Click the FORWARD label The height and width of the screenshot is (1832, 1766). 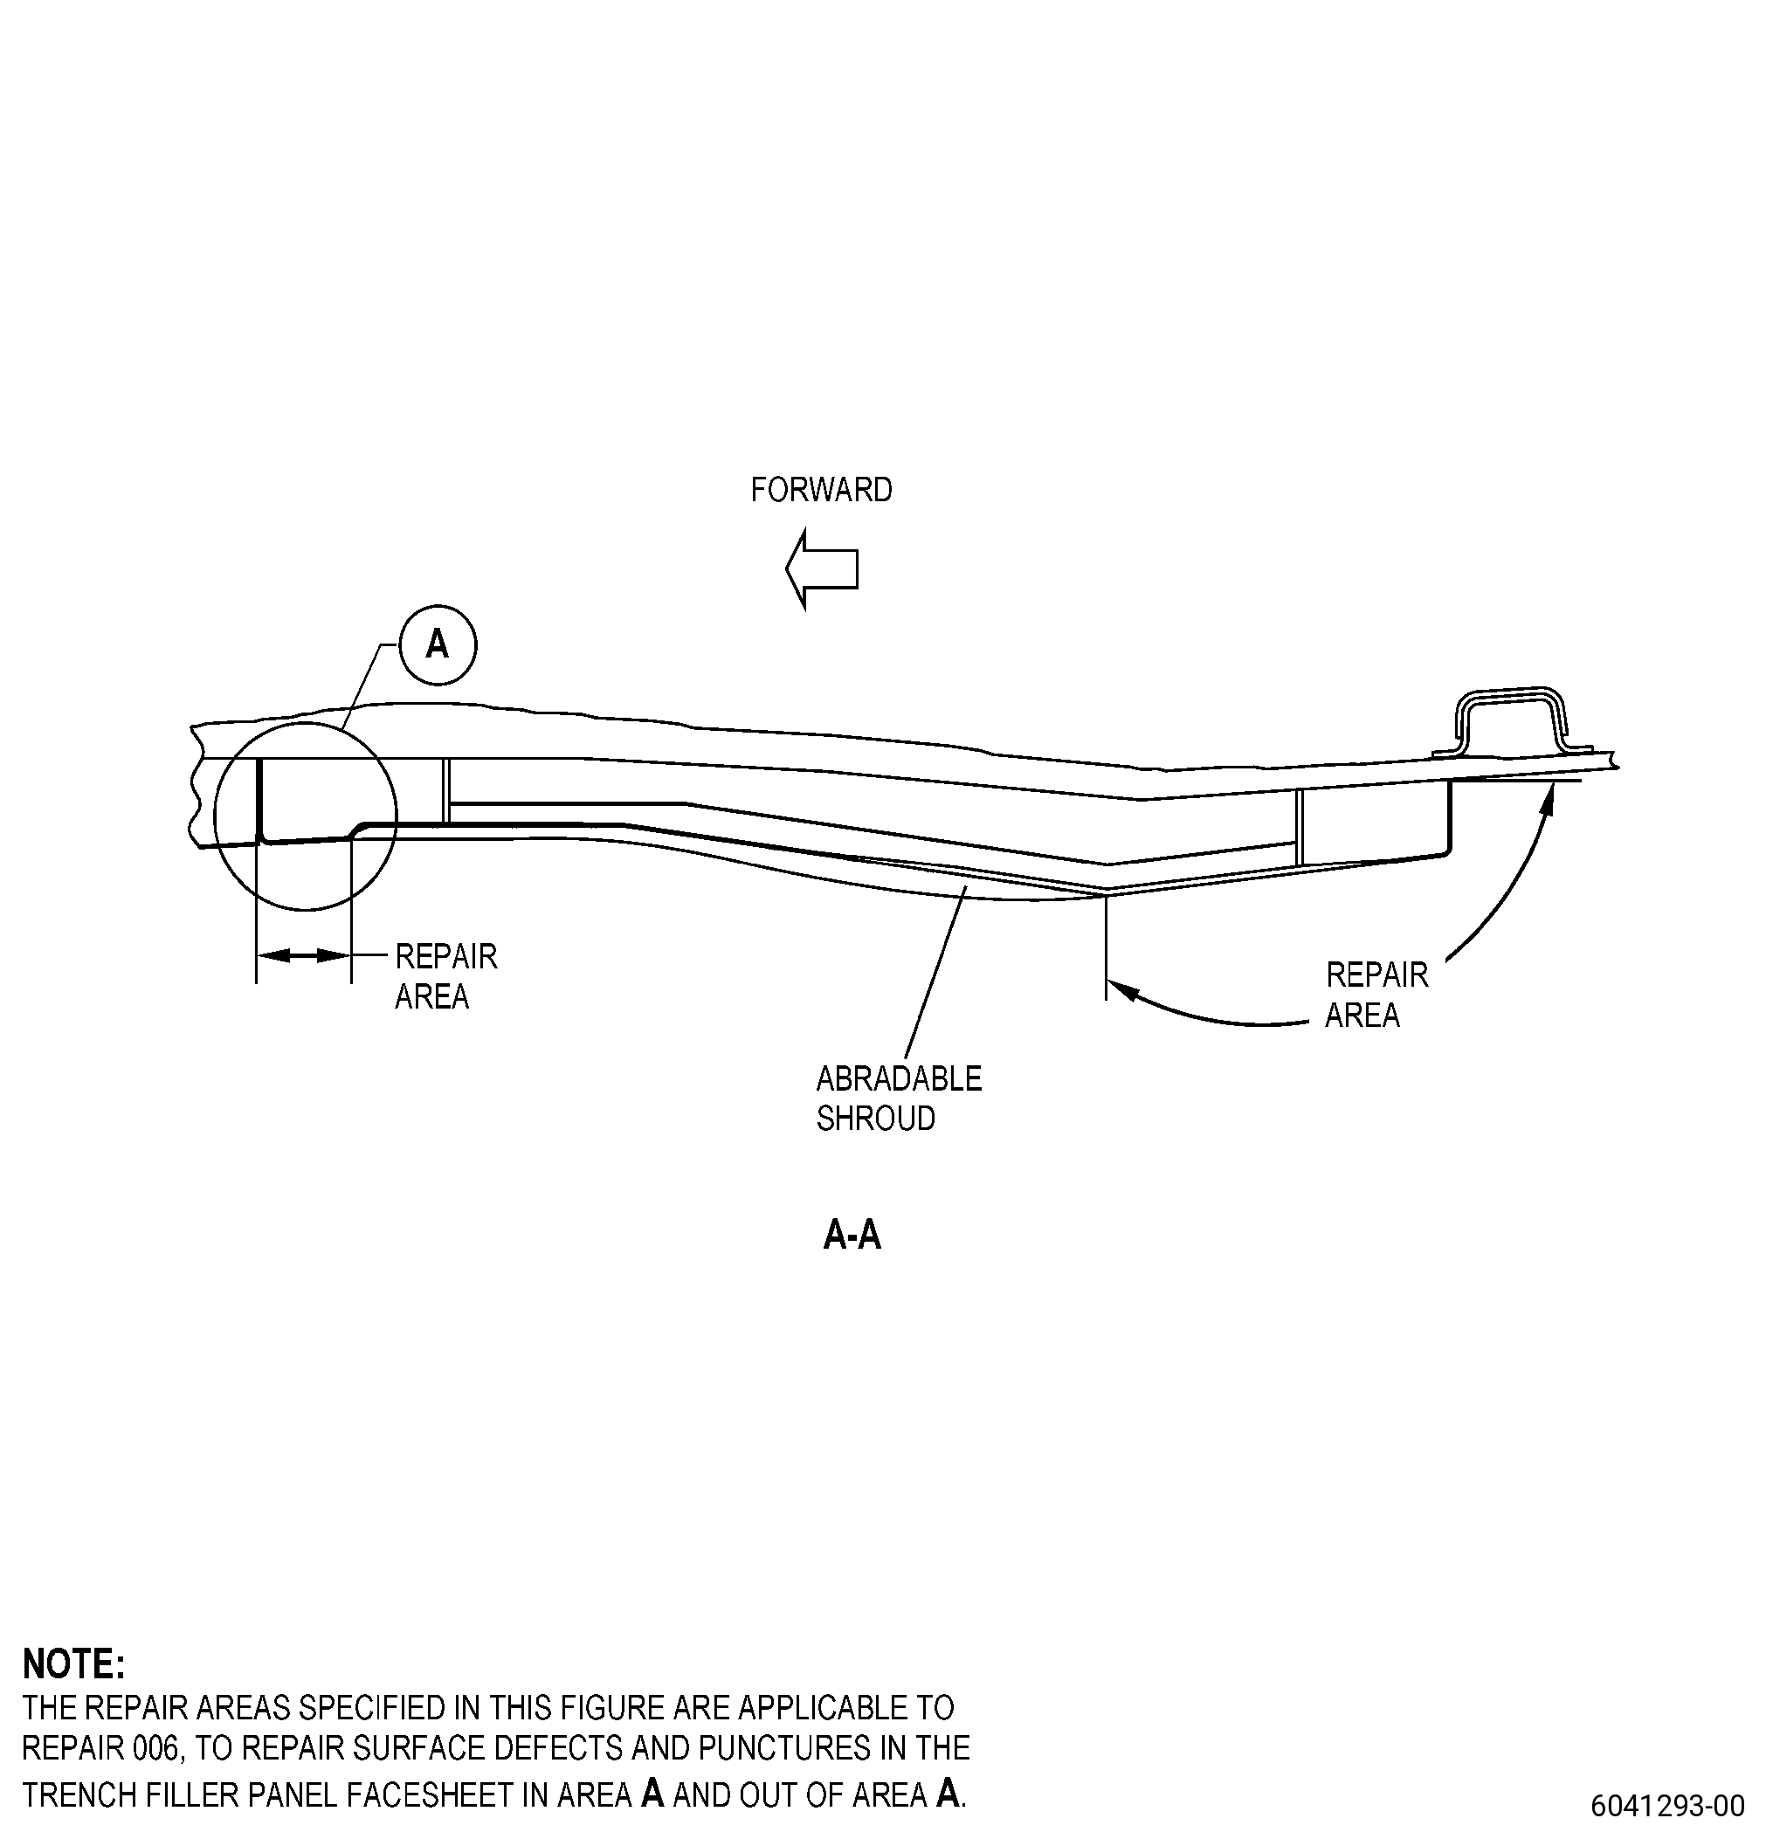pos(821,490)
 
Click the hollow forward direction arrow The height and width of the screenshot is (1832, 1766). pos(822,568)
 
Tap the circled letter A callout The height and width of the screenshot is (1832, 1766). pos(438,645)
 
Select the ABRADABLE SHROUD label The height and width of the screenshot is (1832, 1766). pos(899,1099)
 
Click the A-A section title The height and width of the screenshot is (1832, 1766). pos(852,1236)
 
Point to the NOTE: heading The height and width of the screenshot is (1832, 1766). pos(72,1663)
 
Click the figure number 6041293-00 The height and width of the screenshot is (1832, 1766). pos(1667,1804)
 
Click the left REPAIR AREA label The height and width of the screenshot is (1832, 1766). pos(446,977)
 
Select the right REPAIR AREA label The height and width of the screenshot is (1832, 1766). pos(1376,995)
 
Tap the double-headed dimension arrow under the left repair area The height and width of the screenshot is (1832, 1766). pos(303,955)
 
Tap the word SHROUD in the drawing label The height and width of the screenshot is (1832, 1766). pos(875,1118)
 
